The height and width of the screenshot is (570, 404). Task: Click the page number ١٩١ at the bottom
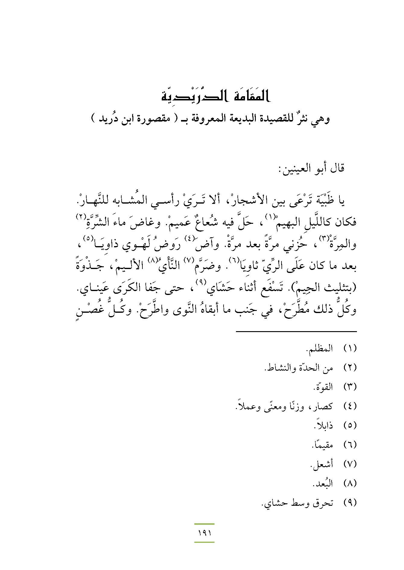pyautogui.click(x=205, y=533)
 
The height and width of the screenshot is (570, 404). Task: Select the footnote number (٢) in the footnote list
pyautogui.click(x=350, y=368)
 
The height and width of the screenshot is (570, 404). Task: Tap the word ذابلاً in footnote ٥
pyautogui.click(x=324, y=425)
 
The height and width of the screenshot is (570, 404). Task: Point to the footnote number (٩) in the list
pyautogui.click(x=350, y=503)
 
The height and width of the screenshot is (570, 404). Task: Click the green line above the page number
pyautogui.click(x=204, y=524)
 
